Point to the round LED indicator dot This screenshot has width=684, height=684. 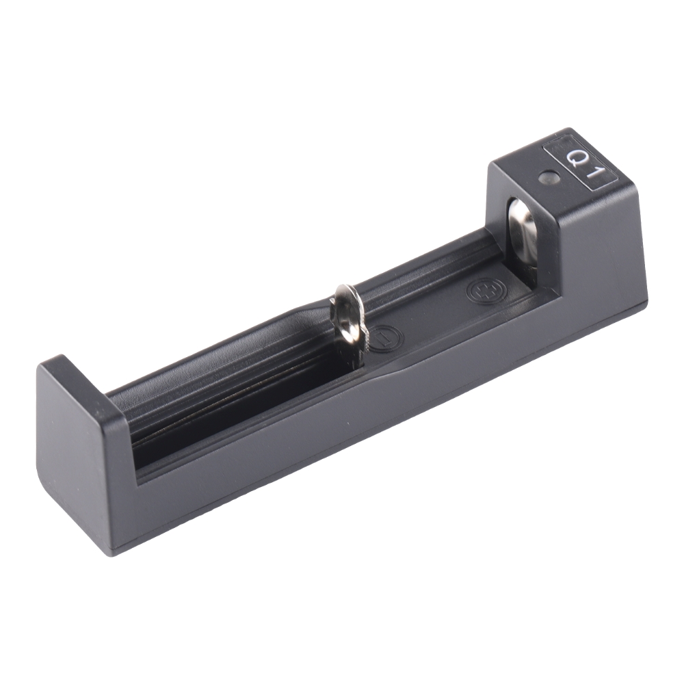[548, 179]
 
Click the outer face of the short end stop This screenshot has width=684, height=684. [72, 451]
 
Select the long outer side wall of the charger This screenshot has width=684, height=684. [383, 424]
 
